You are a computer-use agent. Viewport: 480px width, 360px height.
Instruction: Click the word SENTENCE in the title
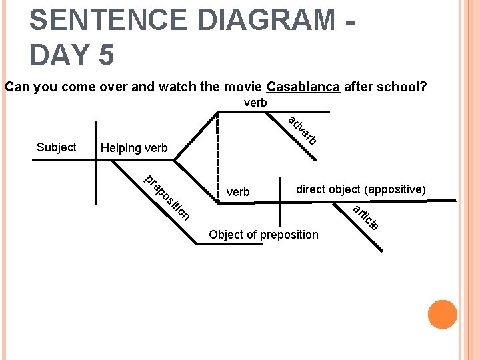(107, 20)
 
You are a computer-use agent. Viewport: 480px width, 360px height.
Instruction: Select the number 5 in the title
(106, 55)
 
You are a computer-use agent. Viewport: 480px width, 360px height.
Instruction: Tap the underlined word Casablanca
(303, 87)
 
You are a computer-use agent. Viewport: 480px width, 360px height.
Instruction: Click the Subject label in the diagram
(56, 147)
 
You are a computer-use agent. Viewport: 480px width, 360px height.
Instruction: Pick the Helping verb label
(134, 148)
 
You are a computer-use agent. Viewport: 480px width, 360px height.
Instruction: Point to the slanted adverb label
(302, 131)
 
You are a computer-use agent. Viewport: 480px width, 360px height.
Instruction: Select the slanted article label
(366, 218)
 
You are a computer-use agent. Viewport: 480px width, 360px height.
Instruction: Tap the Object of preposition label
(263, 235)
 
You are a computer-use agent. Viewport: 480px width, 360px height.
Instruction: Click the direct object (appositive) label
(361, 189)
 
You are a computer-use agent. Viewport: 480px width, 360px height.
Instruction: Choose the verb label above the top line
(255, 103)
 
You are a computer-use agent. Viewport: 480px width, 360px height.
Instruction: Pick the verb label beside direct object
(238, 193)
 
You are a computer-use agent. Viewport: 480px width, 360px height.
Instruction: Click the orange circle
(443, 315)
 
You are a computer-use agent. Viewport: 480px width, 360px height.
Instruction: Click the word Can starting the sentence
(15, 87)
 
